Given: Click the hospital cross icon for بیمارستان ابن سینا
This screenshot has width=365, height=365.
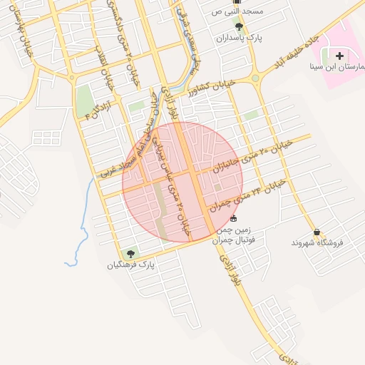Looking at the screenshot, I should [x=339, y=55].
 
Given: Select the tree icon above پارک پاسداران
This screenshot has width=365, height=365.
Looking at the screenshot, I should [x=239, y=26].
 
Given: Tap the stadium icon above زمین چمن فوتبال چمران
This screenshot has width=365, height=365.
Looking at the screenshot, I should [x=235, y=218].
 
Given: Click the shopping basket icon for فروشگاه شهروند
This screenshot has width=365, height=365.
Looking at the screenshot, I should [x=317, y=232].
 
